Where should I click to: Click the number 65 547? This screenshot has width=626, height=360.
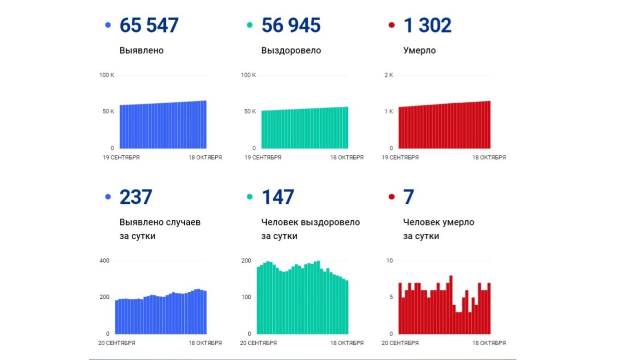[x=149, y=25]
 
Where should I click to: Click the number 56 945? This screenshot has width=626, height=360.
[x=291, y=25]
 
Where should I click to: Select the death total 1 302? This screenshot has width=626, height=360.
[x=427, y=25]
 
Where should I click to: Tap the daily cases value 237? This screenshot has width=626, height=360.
[x=135, y=197]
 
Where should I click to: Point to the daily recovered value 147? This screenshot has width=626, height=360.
[x=277, y=197]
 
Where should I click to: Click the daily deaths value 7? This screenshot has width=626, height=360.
[x=408, y=197]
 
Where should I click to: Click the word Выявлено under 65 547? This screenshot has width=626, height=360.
[x=141, y=51]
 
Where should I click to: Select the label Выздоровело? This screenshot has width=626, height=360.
[x=291, y=51]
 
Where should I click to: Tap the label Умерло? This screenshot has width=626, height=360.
[x=419, y=51]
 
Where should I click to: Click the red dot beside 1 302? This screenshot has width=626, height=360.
[x=392, y=25]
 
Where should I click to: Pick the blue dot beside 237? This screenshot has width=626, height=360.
[x=108, y=197]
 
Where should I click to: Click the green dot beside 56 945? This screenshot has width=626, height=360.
[x=250, y=25]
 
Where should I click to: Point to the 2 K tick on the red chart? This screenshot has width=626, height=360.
[x=388, y=75]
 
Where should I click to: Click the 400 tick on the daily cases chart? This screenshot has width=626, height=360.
[x=105, y=261]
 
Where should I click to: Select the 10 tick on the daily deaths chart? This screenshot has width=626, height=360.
[x=389, y=261]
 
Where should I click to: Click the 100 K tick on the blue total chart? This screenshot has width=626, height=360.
[x=106, y=75]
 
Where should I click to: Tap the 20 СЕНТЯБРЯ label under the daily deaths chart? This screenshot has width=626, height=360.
[x=400, y=343]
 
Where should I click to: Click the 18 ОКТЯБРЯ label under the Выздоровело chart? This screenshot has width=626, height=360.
[x=346, y=158]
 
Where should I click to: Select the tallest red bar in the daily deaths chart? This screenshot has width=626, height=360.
[x=451, y=304]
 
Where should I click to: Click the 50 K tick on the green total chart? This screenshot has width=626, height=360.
[x=250, y=112]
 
